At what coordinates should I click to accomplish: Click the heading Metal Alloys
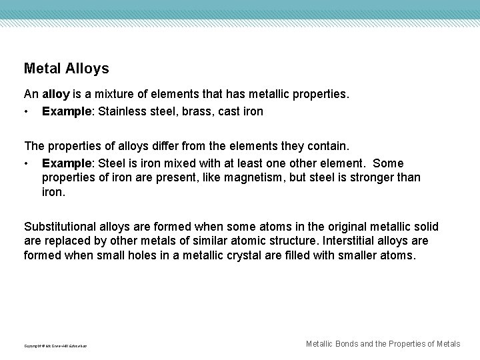click(66, 68)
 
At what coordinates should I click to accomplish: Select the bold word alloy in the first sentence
click(55, 95)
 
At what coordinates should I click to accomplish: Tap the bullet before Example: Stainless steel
click(26, 111)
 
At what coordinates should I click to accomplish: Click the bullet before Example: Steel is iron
click(26, 163)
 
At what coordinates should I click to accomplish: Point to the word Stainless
click(121, 111)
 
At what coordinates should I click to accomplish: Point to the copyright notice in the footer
click(55, 346)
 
